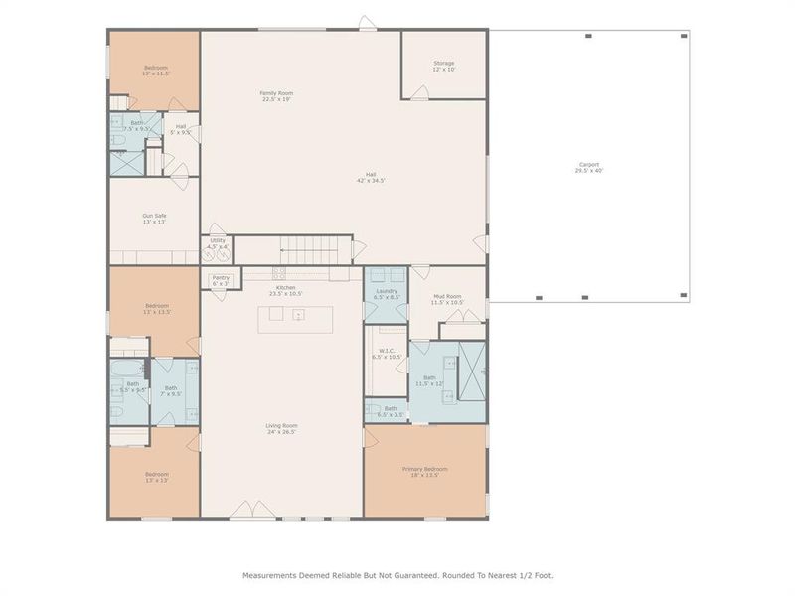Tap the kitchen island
[295, 319]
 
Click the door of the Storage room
[419, 93]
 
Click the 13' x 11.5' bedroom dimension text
[156, 73]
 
